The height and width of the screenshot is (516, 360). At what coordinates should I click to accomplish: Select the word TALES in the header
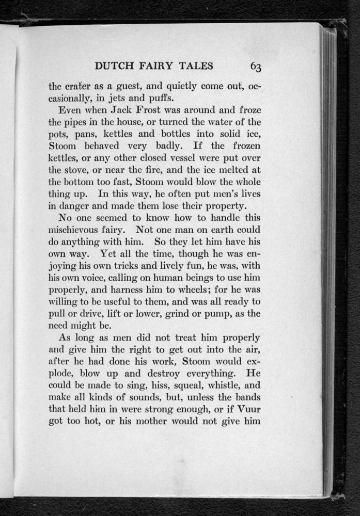(x=198, y=67)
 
